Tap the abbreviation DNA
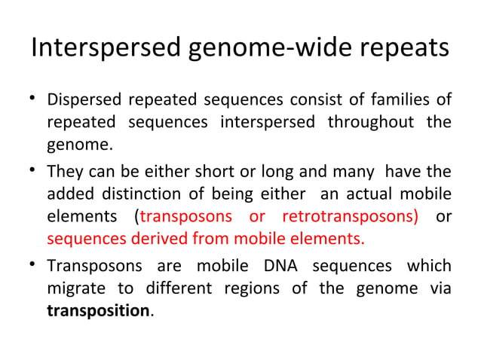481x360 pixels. coord(283,267)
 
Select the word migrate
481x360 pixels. coord(74,289)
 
